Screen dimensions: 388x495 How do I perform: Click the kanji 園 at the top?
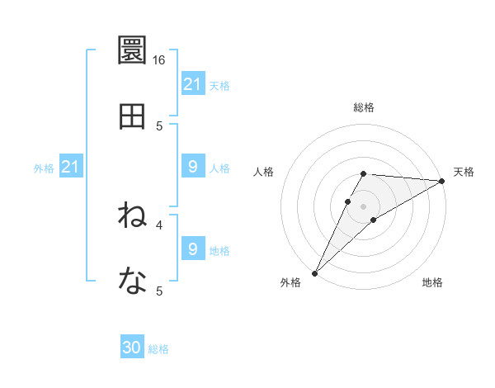(x=132, y=51)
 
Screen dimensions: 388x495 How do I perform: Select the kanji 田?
(x=132, y=117)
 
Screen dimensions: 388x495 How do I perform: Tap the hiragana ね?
(x=132, y=216)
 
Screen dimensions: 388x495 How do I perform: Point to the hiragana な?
(x=132, y=282)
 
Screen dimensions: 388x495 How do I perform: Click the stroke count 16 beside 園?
(x=159, y=60)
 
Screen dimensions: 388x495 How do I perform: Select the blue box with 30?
(x=132, y=348)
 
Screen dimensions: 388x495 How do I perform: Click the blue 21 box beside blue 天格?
(x=192, y=84)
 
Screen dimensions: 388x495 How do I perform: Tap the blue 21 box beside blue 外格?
(x=71, y=167)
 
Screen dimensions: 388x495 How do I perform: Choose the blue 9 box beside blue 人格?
(x=192, y=167)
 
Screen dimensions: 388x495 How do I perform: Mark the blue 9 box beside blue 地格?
(x=192, y=249)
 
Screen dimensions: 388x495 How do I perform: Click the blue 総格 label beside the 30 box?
(x=158, y=349)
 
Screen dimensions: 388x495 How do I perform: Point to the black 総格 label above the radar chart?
(x=363, y=107)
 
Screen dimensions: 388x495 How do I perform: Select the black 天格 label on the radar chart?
(x=464, y=172)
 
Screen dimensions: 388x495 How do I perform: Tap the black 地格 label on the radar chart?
(x=432, y=282)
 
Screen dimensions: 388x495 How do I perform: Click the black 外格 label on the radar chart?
(x=290, y=282)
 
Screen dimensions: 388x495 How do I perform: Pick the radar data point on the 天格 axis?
(x=442, y=181)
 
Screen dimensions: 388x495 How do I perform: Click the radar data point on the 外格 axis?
(x=314, y=272)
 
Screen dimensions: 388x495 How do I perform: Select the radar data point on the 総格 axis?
(x=363, y=173)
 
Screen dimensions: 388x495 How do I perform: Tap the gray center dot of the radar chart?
(x=363, y=206)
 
